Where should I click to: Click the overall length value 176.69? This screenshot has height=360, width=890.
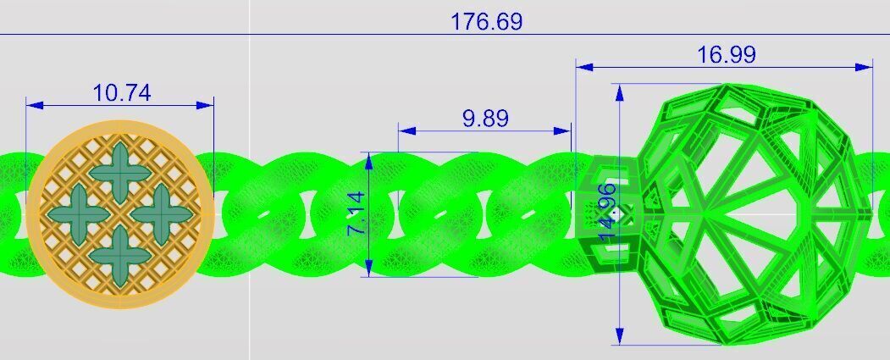pos(486,21)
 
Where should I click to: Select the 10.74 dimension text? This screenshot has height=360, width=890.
pos(122,92)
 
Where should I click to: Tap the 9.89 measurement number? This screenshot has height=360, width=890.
pos(485,118)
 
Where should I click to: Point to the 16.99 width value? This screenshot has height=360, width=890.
pos(727,55)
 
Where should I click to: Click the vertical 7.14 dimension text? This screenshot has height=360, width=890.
pos(357,213)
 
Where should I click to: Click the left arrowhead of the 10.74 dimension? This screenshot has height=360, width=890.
pos(32,105)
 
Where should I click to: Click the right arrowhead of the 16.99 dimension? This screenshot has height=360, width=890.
pos(866,66)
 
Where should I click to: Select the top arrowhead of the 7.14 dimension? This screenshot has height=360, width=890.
pos(368,158)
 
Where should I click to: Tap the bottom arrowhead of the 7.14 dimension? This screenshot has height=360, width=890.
pos(368,270)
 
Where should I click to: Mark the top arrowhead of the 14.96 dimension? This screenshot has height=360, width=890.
pos(621,90)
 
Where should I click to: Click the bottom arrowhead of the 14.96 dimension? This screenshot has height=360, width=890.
pos(621,339)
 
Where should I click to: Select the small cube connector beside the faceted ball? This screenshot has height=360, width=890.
pos(605,212)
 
